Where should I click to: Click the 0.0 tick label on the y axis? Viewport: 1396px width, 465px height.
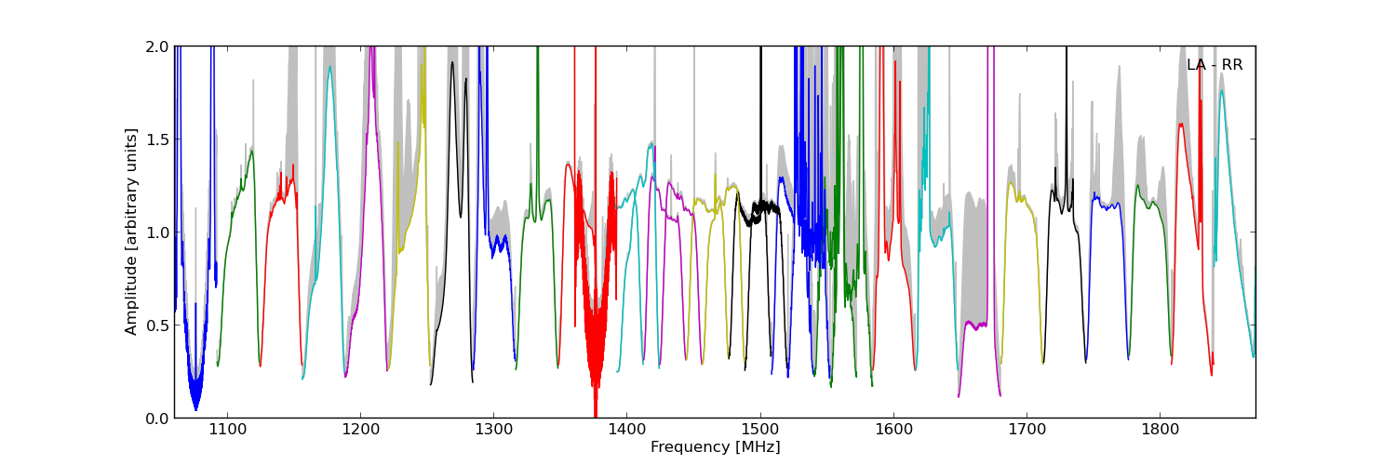coord(157,418)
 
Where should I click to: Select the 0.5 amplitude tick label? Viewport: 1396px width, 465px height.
coord(157,325)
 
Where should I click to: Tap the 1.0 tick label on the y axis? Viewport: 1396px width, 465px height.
coord(157,232)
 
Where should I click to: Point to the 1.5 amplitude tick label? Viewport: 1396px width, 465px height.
coord(157,139)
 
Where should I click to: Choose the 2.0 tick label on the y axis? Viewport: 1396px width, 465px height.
coord(157,46)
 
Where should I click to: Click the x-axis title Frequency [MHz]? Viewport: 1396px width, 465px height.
coord(715,447)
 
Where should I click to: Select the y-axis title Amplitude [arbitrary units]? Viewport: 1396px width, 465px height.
coord(131,232)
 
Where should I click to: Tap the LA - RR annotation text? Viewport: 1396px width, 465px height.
coord(1214,65)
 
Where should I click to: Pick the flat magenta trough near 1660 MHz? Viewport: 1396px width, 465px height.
coord(977,325)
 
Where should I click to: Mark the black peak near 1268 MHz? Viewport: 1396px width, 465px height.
coord(452,64)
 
